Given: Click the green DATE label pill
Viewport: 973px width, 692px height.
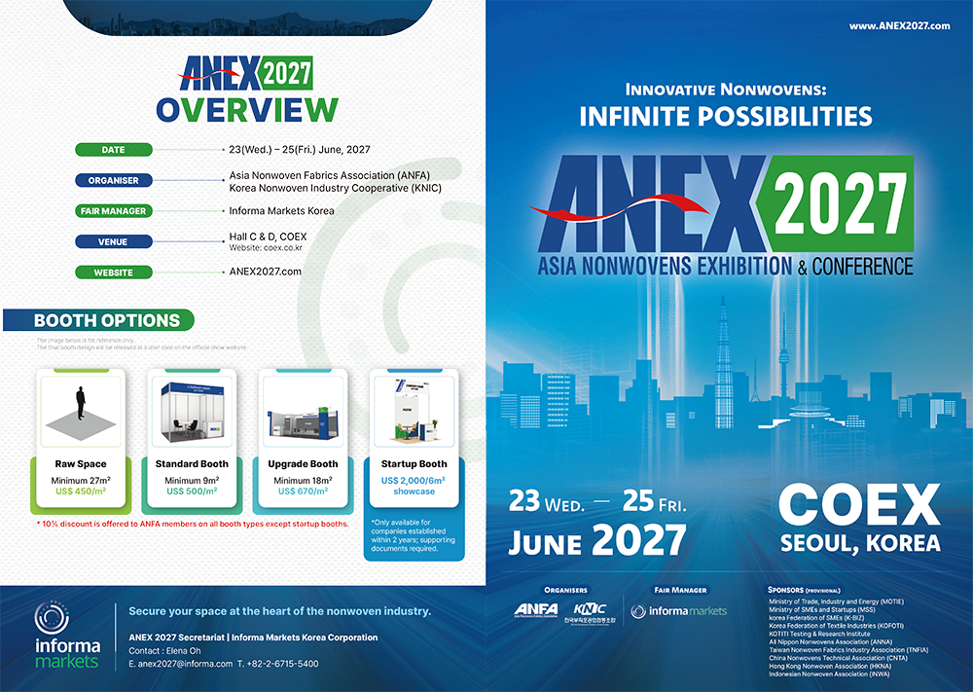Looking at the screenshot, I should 114,150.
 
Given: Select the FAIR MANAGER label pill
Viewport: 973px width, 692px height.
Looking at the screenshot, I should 114,210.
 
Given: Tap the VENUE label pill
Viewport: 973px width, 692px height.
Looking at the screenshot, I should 114,241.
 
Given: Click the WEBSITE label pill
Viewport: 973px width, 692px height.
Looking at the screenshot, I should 114,273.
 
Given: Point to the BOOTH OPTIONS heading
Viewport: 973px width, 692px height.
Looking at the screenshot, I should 107,320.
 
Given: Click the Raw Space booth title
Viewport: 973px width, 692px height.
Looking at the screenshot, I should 80,464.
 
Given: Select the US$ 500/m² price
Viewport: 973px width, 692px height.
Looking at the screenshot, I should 191,492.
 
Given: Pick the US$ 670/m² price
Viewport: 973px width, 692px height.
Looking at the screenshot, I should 303,492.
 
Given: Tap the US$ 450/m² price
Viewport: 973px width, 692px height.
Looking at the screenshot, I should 80,492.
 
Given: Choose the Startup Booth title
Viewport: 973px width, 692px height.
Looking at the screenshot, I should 414,464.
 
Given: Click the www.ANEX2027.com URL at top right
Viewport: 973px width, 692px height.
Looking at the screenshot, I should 899,26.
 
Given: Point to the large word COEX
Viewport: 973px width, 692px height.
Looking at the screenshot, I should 859,506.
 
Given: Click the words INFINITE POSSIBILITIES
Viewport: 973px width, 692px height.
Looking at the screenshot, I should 725,117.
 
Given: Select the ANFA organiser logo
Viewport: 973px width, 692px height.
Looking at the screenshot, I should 536,610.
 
